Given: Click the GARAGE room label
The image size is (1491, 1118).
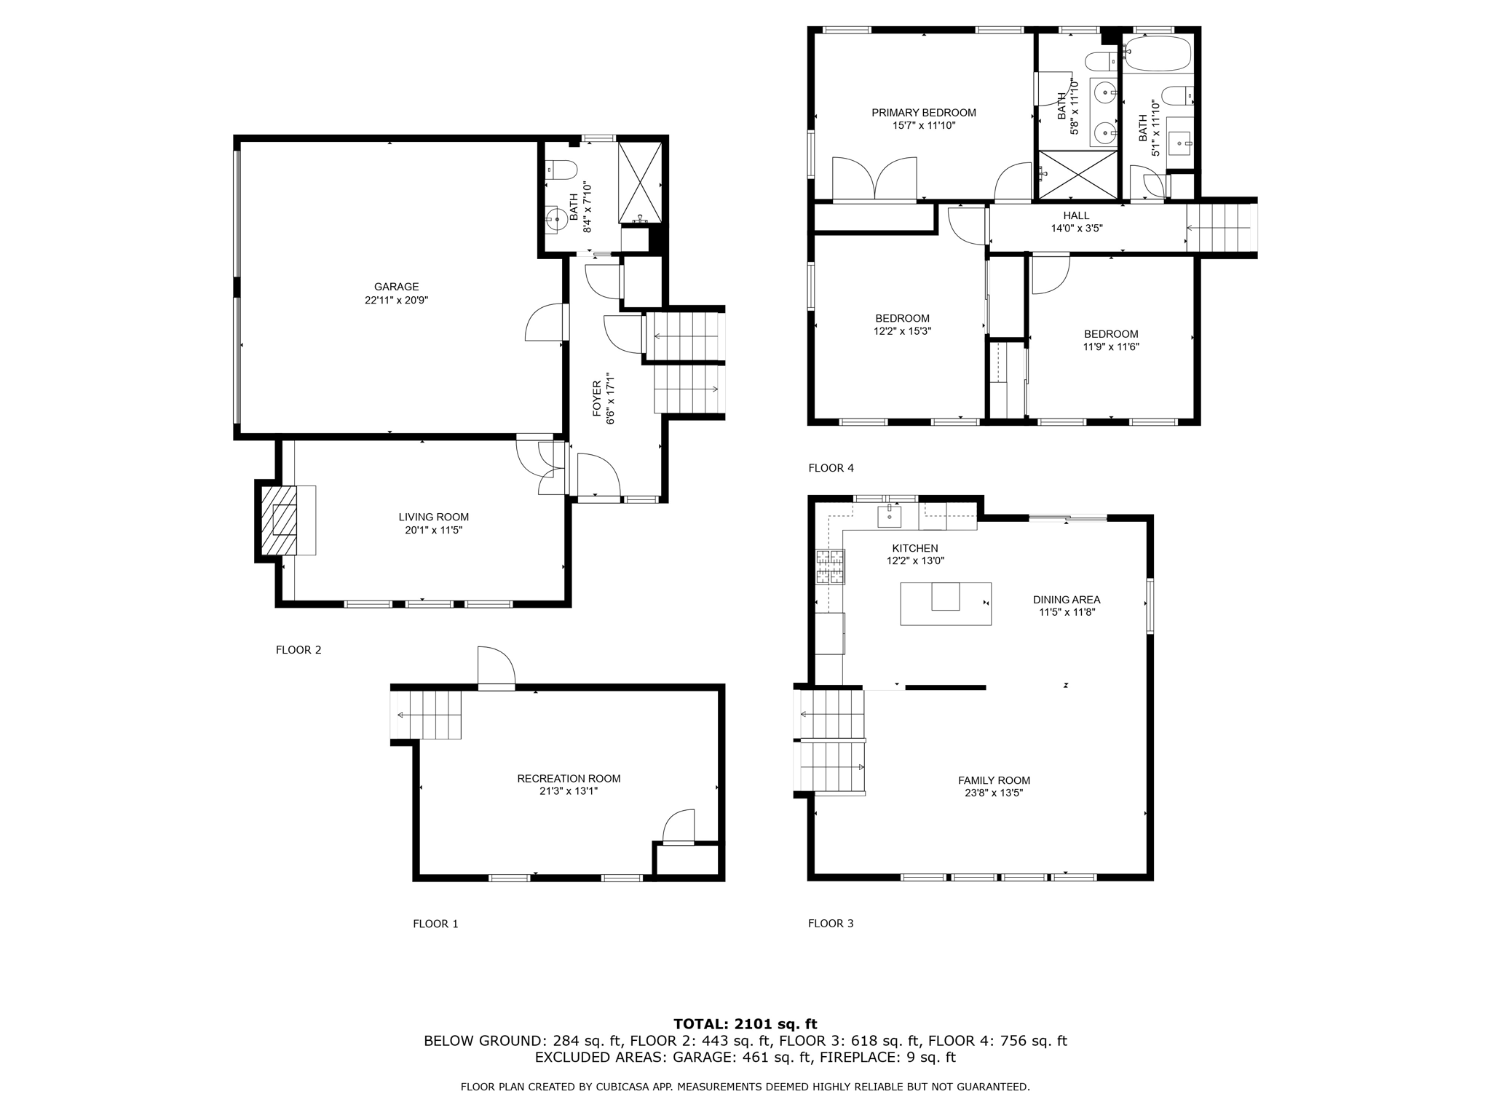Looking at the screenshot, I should pyautogui.click(x=396, y=287).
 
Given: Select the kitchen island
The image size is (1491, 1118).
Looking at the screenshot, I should pyautogui.click(x=945, y=603).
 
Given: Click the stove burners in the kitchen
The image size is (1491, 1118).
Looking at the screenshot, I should pyautogui.click(x=831, y=567).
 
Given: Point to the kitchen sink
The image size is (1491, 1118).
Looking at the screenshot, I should pyautogui.click(x=889, y=515).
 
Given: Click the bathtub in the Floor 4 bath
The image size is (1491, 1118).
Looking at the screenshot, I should pyautogui.click(x=1157, y=54).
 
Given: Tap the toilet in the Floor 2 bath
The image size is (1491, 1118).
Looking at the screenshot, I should pyautogui.click(x=561, y=170).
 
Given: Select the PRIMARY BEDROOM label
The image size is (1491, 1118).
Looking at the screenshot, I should pyautogui.click(x=923, y=113).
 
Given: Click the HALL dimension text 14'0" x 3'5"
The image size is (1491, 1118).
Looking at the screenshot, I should pyautogui.click(x=1076, y=228).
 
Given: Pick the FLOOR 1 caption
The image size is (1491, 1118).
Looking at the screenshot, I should pyautogui.click(x=435, y=924).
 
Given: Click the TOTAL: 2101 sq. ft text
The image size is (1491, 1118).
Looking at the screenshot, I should pyautogui.click(x=745, y=1024).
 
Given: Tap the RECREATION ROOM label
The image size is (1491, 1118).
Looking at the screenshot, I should pyautogui.click(x=569, y=778).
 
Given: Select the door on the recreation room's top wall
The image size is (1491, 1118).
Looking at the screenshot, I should pyautogui.click(x=496, y=668).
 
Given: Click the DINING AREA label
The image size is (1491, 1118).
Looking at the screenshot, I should pyautogui.click(x=1066, y=600).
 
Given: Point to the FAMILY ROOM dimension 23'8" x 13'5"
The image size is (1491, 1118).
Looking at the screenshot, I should pyautogui.click(x=994, y=793).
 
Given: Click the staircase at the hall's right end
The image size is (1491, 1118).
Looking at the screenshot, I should pyautogui.click(x=1220, y=228).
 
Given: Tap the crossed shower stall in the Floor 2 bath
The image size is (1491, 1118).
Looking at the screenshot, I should pyautogui.click(x=640, y=183).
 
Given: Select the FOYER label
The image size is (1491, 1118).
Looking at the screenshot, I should pyautogui.click(x=596, y=399).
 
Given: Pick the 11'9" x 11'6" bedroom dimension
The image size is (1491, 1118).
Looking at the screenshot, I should pyautogui.click(x=1110, y=347).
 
